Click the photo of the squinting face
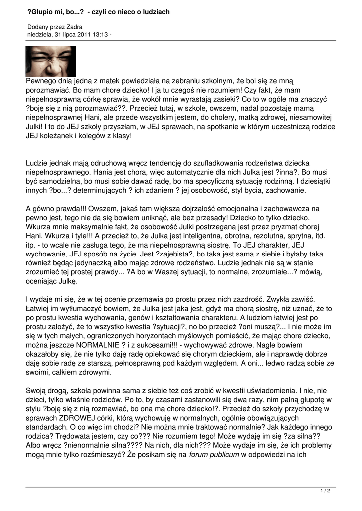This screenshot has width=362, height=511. click(x=51, y=62)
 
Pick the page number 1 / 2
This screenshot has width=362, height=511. click(x=325, y=491)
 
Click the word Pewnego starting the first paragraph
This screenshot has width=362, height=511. click(x=42, y=81)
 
